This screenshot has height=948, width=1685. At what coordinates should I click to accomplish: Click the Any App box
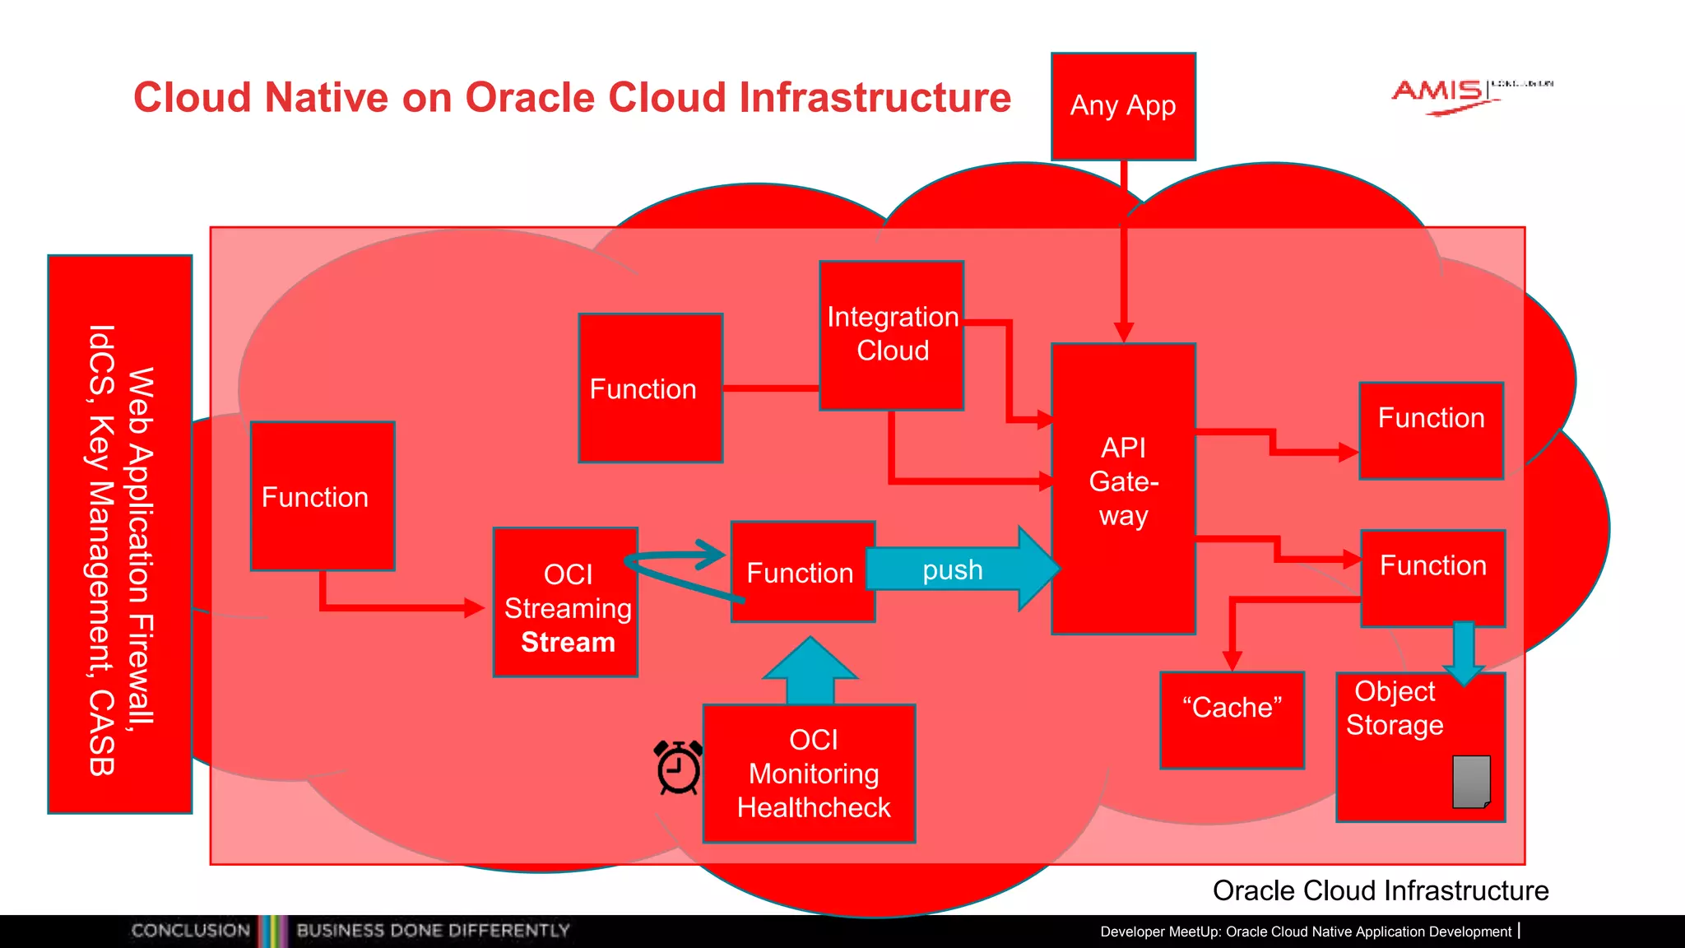pyautogui.click(x=1123, y=106)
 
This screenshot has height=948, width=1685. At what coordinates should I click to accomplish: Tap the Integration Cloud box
pyautogui.click(x=892, y=335)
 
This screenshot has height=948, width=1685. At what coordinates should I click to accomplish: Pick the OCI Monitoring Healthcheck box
pyautogui.click(x=810, y=774)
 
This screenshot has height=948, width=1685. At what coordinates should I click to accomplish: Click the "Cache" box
pyautogui.click(x=1232, y=720)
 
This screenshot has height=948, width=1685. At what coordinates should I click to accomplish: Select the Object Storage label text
pyautogui.click(x=1395, y=709)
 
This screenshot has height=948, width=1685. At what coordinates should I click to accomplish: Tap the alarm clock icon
pyautogui.click(x=679, y=767)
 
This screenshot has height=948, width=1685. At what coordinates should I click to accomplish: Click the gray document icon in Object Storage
pyautogui.click(x=1472, y=782)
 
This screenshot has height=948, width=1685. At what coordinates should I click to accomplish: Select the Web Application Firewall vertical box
pyautogui.click(x=120, y=535)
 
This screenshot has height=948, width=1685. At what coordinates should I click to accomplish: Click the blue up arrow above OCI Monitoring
pyautogui.click(x=810, y=671)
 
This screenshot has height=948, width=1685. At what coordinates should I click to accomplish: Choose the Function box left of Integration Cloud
pyautogui.click(x=650, y=388)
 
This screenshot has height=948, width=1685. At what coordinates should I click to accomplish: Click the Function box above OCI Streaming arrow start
pyautogui.click(x=323, y=496)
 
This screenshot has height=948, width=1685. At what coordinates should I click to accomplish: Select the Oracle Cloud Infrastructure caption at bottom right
pyautogui.click(x=1380, y=890)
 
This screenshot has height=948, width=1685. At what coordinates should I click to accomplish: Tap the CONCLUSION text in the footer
pyautogui.click(x=190, y=931)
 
